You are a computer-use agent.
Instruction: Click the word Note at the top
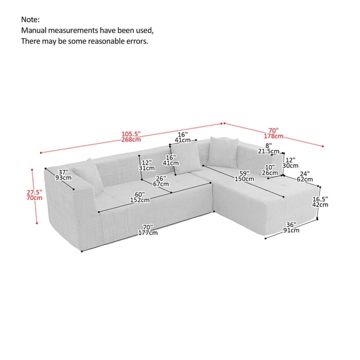pos(31,19)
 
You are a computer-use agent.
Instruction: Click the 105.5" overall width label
pos(131,134)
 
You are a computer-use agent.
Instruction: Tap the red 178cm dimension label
pos(274,136)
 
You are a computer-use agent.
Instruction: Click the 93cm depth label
pos(63,178)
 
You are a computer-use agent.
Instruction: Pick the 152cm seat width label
pos(139,201)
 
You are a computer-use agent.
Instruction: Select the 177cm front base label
pos(149,233)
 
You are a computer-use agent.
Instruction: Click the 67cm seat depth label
pos(161,184)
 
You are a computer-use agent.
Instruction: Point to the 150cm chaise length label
pos(244,179)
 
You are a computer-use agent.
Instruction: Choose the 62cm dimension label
pos(304,179)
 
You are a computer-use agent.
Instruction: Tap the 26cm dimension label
pos(271,173)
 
